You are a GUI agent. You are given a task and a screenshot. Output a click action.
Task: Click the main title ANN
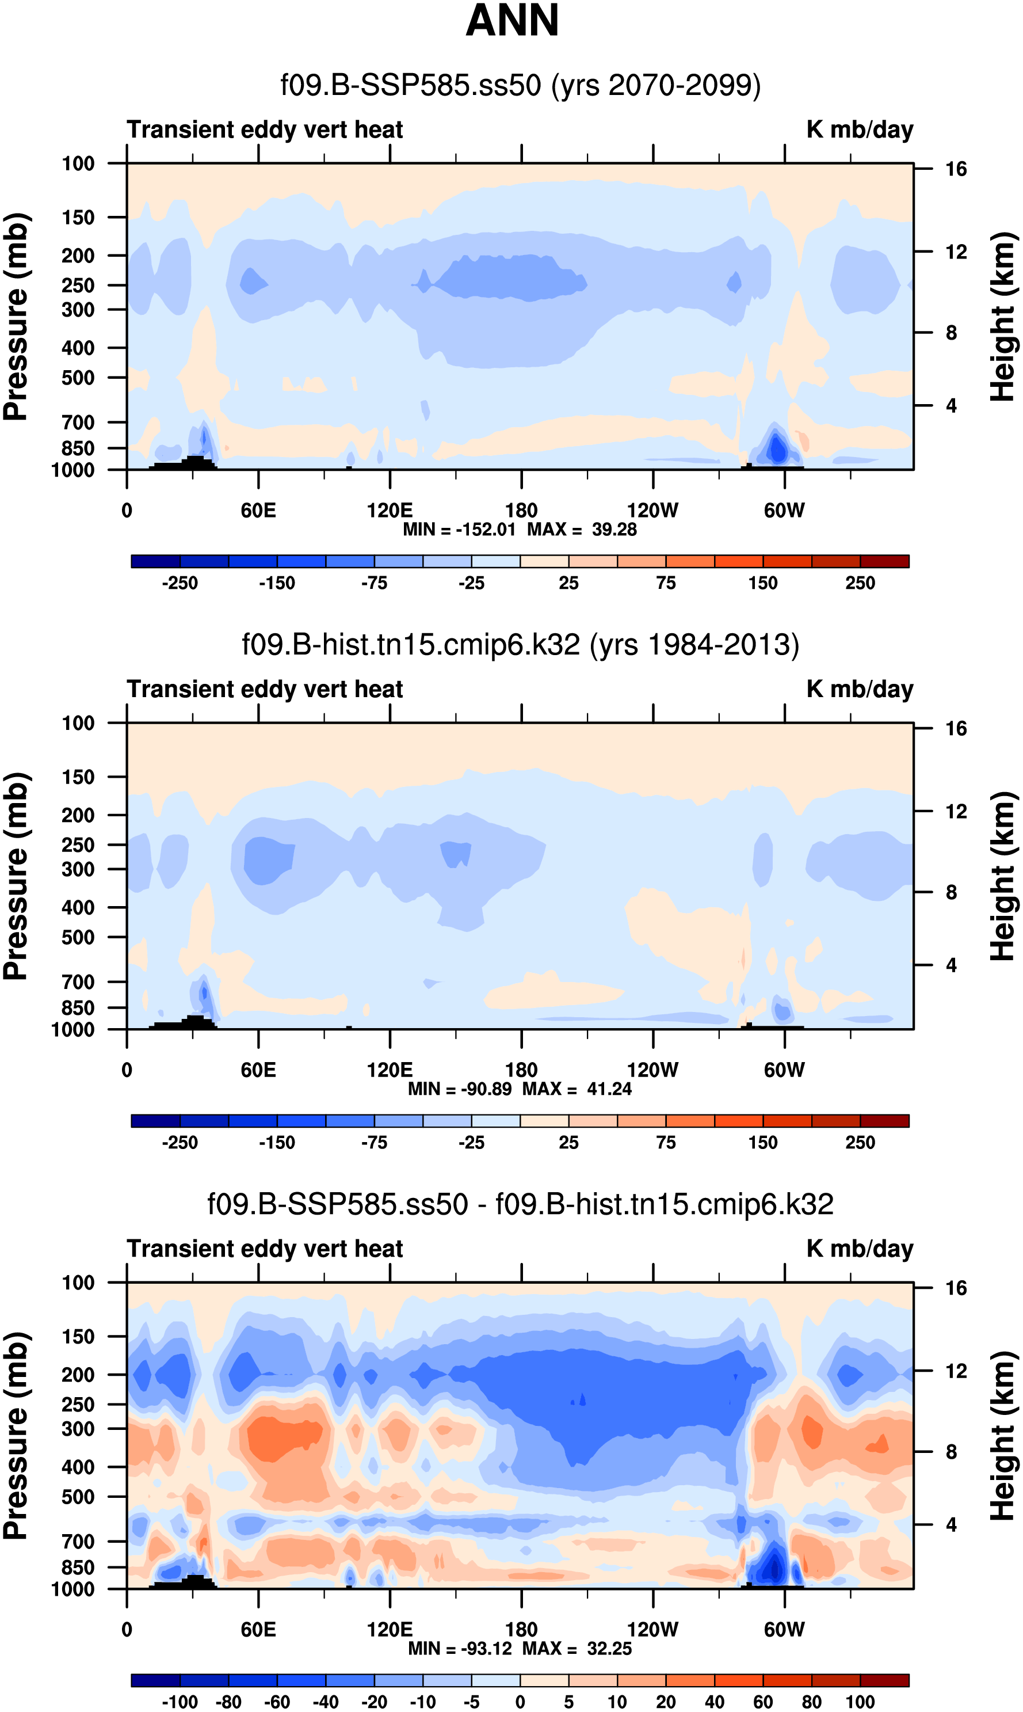point(511,21)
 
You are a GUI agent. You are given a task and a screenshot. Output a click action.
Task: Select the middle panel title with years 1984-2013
point(521,645)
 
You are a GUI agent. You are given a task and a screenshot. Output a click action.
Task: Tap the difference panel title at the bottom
point(521,1204)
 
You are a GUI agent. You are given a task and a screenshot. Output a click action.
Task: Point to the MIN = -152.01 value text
point(459,530)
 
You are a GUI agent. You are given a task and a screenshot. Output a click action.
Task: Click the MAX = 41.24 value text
point(577,1089)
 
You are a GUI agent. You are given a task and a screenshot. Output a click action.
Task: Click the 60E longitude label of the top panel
point(258,511)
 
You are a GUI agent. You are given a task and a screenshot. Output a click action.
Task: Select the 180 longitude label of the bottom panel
point(521,1629)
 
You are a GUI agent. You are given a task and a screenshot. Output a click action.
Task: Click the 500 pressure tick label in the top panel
point(78,378)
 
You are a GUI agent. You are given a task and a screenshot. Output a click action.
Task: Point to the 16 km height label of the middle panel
point(956,729)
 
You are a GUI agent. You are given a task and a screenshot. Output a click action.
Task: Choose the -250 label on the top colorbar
point(180,583)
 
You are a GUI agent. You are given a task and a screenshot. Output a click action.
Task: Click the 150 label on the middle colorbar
point(763,1143)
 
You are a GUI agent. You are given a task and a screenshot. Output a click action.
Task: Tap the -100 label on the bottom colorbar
point(180,1702)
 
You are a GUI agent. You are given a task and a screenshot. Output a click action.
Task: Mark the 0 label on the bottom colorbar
point(521,1702)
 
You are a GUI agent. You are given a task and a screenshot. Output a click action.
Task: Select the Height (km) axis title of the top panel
point(1003,317)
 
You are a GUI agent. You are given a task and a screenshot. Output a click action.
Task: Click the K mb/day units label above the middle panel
point(860,689)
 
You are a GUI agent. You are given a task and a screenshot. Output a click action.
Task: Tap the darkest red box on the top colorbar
point(884,561)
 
